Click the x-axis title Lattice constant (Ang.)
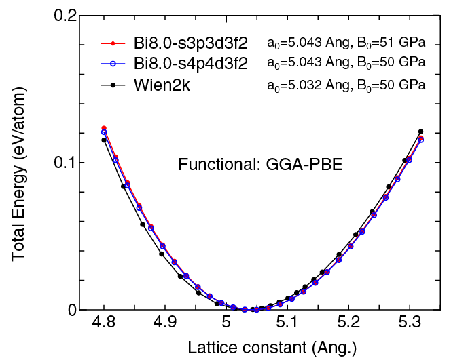[x=262, y=348]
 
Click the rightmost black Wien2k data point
[x=420, y=132]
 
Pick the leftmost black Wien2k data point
[x=104, y=140]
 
